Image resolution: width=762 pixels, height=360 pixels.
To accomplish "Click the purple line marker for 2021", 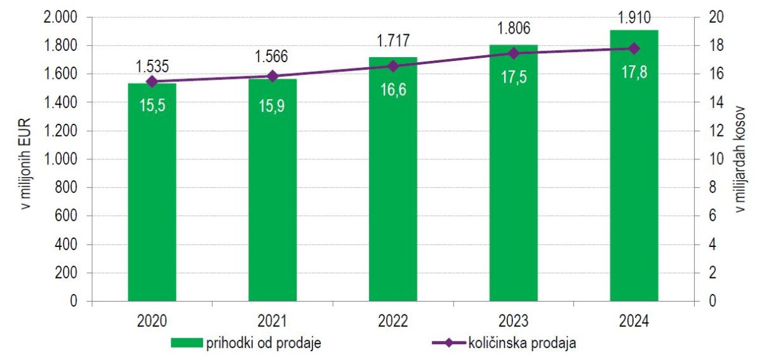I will coord(272,76).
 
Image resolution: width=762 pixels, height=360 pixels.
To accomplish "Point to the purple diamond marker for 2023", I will coord(514,53).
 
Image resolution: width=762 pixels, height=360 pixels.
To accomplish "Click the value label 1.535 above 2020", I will coord(152,66).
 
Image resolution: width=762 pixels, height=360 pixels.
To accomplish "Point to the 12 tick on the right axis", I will coord(714,131).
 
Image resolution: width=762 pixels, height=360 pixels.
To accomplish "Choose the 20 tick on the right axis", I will coord(714,17).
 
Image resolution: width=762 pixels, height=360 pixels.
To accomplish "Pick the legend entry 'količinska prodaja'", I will coord(505,343).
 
